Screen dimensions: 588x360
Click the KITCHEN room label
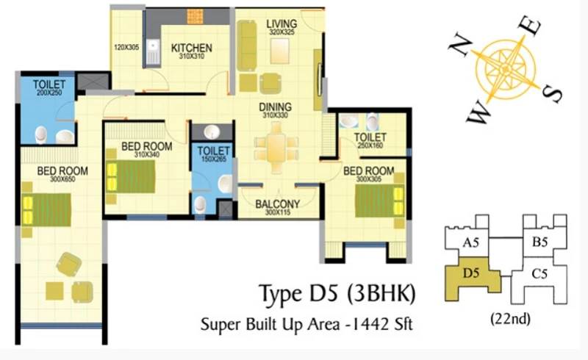(x=192, y=48)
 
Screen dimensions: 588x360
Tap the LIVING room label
(x=282, y=24)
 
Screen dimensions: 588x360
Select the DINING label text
(x=275, y=107)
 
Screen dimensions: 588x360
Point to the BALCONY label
(x=278, y=204)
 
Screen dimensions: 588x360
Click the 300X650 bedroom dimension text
(x=62, y=179)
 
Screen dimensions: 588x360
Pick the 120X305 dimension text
(x=126, y=47)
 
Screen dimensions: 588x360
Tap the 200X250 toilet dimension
(x=49, y=93)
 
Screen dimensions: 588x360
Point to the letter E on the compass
(x=529, y=26)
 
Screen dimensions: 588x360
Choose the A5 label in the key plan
(x=470, y=242)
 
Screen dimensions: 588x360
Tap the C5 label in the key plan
(x=539, y=274)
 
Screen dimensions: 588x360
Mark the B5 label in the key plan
(x=539, y=242)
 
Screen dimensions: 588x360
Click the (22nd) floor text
(x=510, y=319)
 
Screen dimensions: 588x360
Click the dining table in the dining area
(x=276, y=148)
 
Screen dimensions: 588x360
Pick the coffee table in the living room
(x=280, y=51)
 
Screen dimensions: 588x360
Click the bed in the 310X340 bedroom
(x=130, y=176)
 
